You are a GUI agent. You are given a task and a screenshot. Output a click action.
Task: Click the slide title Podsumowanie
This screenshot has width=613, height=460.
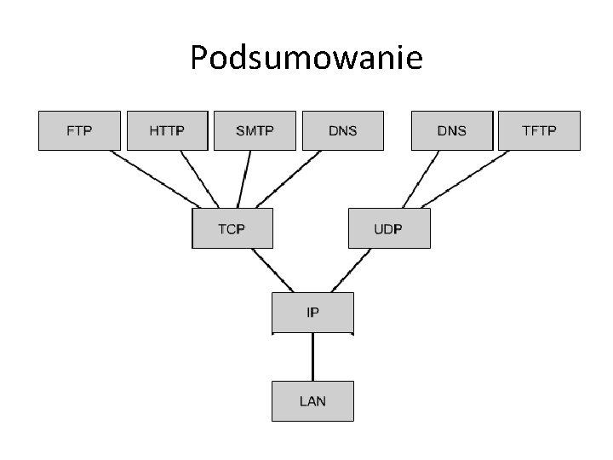(306, 58)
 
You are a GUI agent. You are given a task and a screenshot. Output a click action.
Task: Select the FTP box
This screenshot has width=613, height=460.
(79, 130)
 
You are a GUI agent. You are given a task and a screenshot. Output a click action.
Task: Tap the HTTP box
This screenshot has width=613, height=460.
(167, 130)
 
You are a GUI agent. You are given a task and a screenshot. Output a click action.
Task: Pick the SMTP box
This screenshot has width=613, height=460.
(255, 130)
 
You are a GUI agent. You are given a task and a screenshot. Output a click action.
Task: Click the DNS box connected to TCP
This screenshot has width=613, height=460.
(342, 130)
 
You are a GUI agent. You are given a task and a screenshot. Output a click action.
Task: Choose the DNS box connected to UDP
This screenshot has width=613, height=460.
(451, 130)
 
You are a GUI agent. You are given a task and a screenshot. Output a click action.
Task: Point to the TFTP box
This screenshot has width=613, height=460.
(539, 130)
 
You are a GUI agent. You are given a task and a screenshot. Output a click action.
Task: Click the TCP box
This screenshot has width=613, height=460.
(232, 228)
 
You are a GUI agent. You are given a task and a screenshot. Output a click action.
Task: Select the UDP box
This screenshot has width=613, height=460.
(389, 228)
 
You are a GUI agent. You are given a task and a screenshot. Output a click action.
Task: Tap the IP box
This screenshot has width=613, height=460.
(312, 313)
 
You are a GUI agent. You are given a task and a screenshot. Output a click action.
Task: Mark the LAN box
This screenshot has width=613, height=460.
(312, 400)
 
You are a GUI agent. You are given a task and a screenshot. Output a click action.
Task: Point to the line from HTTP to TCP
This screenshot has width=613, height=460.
(197, 179)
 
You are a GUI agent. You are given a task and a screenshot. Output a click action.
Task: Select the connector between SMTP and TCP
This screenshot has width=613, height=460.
(245, 179)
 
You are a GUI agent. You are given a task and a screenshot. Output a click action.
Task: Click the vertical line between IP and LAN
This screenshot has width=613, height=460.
(312, 356)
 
